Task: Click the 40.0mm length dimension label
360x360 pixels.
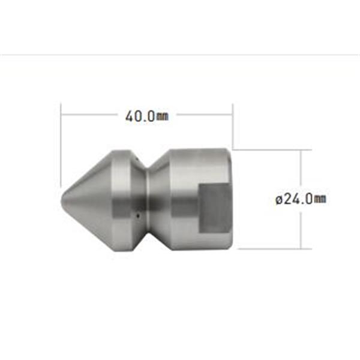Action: tap(147, 116)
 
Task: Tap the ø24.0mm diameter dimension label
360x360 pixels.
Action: tap(301, 199)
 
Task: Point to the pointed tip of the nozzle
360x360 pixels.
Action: tap(62, 199)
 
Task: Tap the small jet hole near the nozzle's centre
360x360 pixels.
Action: tap(137, 212)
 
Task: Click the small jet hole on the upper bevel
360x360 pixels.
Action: tap(136, 159)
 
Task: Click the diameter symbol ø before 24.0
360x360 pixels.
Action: tap(279, 199)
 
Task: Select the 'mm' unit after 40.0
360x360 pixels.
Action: tap(162, 117)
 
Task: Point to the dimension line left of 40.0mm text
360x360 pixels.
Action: tap(90, 113)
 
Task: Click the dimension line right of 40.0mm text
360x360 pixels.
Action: tap(204, 113)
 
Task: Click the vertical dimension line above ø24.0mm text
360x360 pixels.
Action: tap(302, 168)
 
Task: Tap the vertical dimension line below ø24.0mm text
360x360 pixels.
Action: tap(302, 228)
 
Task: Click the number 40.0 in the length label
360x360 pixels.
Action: tap(140, 116)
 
